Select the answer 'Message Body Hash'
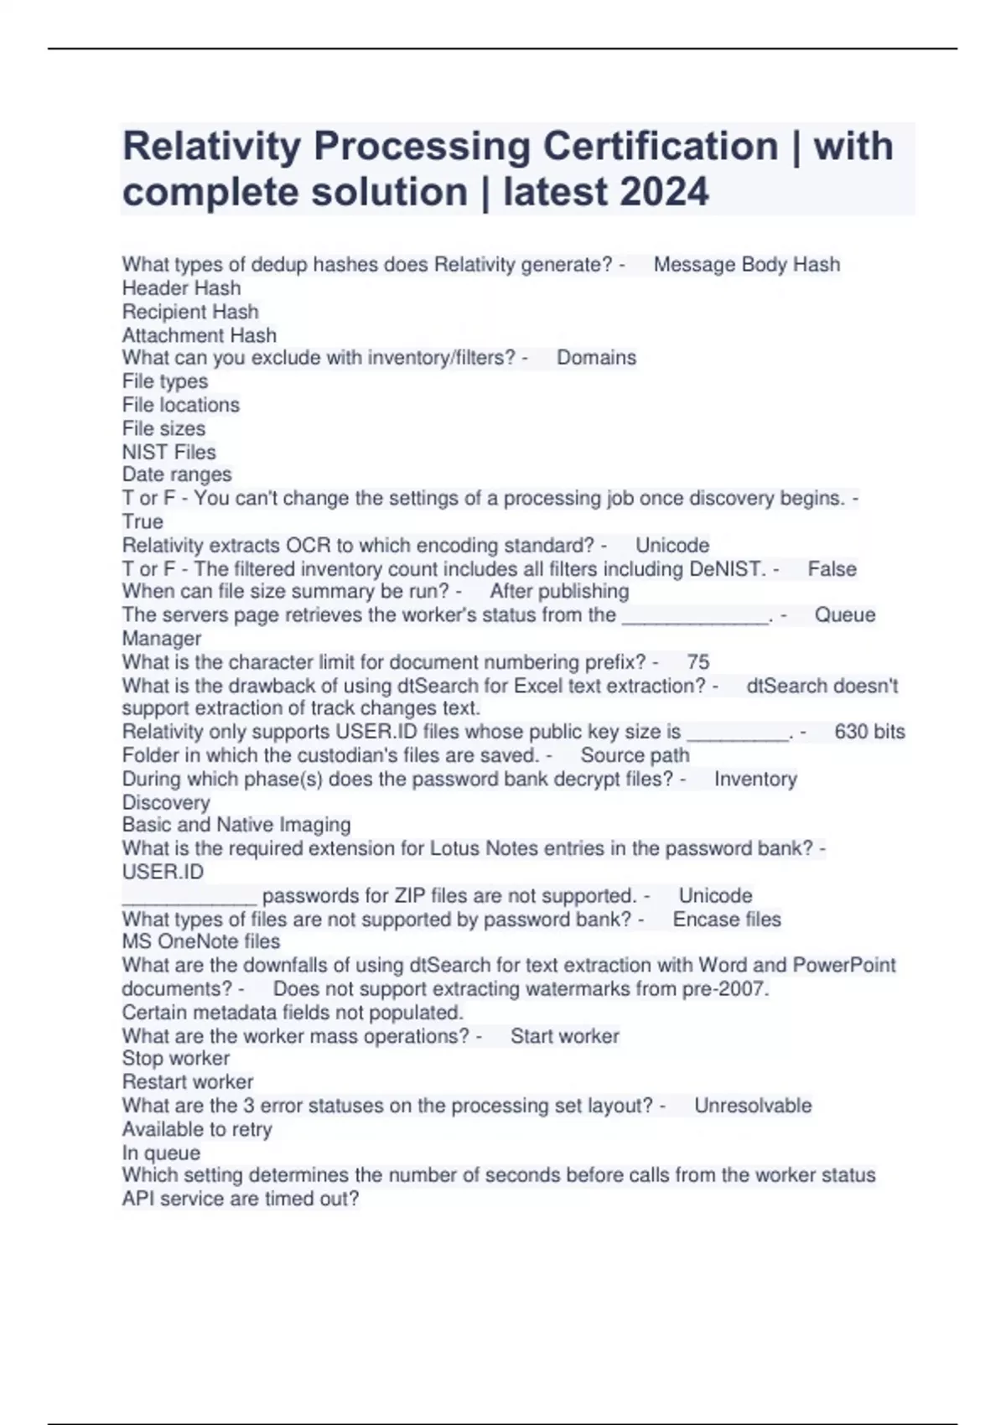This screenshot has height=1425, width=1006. click(746, 265)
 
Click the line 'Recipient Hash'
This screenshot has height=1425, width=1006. click(190, 312)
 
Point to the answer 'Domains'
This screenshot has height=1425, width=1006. click(596, 358)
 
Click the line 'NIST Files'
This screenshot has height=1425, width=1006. click(169, 452)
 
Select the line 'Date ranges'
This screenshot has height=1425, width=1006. click(177, 474)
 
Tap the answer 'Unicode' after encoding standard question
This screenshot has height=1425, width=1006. click(672, 546)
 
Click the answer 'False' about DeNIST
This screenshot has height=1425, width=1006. click(832, 569)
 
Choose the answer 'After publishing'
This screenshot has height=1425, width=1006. click(559, 592)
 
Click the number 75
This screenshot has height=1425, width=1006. click(697, 662)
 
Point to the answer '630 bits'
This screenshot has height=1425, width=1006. click(869, 732)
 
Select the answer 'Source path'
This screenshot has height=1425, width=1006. click(635, 755)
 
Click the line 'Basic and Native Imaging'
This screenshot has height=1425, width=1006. click(236, 825)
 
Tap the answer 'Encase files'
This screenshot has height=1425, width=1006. click(727, 920)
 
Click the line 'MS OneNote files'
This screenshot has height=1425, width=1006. click(201, 941)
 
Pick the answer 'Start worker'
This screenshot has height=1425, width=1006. click(564, 1037)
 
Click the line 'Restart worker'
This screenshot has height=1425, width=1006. click(188, 1082)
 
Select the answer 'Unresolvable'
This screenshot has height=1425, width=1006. click(753, 1106)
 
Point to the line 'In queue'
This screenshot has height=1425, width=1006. click(161, 1153)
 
